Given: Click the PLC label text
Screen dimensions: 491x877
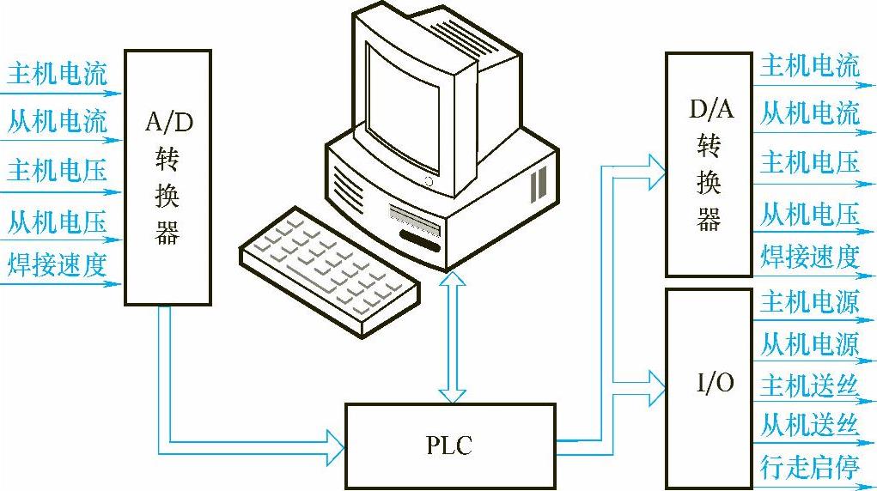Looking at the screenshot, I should (x=448, y=446).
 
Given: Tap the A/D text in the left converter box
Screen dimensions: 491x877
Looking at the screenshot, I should (x=169, y=122).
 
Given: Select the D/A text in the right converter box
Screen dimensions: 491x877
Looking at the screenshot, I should (x=710, y=110).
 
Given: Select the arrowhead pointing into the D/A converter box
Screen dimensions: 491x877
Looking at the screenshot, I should (x=656, y=167).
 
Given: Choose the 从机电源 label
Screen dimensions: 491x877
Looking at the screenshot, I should (x=809, y=345).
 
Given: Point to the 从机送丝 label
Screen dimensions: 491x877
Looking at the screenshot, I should (x=809, y=426).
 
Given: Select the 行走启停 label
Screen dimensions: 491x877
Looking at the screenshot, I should (x=809, y=467).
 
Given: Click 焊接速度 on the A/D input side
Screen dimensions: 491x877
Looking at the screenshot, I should (x=57, y=263).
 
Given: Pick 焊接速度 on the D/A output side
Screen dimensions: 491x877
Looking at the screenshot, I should (x=809, y=256).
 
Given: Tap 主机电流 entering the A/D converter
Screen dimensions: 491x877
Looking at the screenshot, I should (x=57, y=75).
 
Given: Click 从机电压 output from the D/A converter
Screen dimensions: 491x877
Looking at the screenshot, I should (x=809, y=214).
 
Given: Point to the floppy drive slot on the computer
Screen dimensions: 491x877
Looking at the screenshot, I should (x=416, y=214).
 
